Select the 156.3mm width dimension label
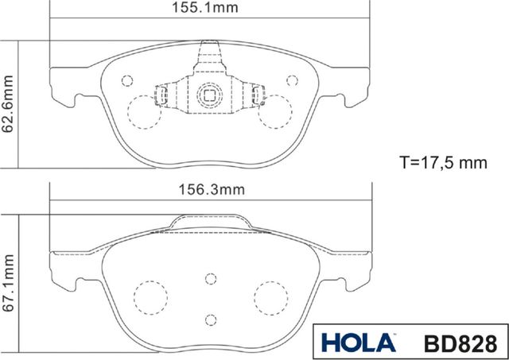[x=211, y=189]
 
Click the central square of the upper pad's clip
[x=210, y=95]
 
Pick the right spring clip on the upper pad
[x=258, y=97]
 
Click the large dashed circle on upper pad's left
[x=143, y=111]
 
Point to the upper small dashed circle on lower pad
[x=210, y=278]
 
